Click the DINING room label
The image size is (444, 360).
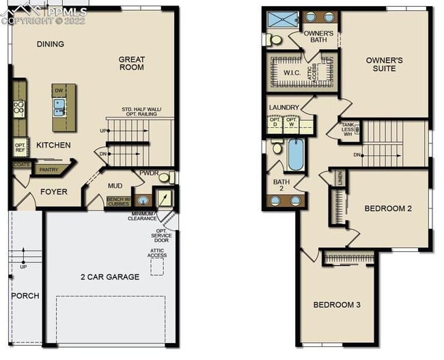pyautogui.click(x=51, y=44)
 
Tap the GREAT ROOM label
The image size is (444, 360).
pyautogui.click(x=132, y=64)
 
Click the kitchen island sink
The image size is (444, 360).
pyautogui.click(x=59, y=106)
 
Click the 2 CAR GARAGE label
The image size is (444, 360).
pyautogui.click(x=111, y=277)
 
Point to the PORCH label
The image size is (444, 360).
pyautogui.click(x=25, y=296)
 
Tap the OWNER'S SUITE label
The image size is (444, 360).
pyautogui.click(x=385, y=65)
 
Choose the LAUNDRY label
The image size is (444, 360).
pyautogui.click(x=283, y=107)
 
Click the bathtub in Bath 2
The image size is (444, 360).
pyautogui.click(x=296, y=155)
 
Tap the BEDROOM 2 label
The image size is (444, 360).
pyautogui.click(x=387, y=208)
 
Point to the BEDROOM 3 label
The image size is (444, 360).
pyautogui.click(x=337, y=304)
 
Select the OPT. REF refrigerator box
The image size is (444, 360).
pyautogui.click(x=20, y=148)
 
